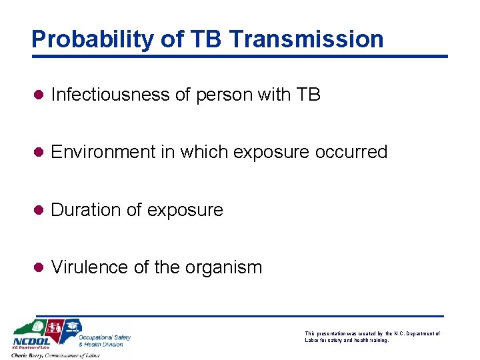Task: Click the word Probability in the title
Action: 84,39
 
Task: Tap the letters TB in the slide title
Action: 201,39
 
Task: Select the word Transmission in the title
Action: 306,39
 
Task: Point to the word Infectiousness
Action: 111,95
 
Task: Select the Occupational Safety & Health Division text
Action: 105,341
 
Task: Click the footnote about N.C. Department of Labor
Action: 371,337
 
